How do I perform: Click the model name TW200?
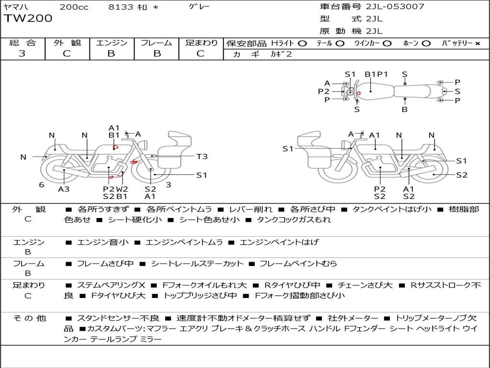pos(28,19)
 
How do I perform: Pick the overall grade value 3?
pos(22,54)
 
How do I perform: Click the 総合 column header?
pos(22,43)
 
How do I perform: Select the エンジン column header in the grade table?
pos(111,43)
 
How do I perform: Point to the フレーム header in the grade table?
pos(156,43)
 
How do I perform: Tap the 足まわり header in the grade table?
pos(201,43)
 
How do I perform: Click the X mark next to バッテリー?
pos(477,44)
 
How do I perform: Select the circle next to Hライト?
pos(302,44)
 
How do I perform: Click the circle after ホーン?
pos(426,44)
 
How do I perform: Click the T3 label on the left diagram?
pos(202,156)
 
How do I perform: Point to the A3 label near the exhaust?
pos(64,189)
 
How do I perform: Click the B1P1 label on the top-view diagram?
pos(376,74)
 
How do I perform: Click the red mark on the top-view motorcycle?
pos(358,92)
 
